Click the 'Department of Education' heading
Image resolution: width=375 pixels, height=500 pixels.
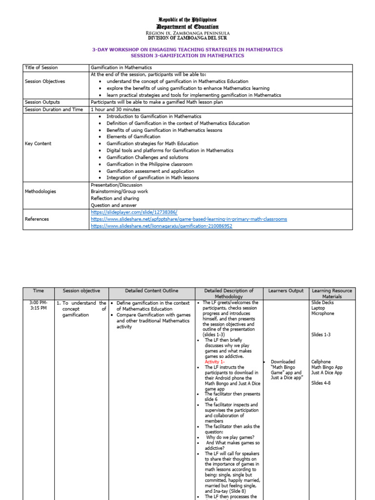[187, 26]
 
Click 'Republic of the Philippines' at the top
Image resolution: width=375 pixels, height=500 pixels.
[187, 19]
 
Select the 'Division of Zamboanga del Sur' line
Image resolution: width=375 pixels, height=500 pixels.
[187, 38]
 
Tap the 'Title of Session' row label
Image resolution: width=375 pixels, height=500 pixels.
[41, 68]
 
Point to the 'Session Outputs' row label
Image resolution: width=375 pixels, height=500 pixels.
[42, 102]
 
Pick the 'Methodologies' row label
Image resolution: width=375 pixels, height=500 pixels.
[40, 191]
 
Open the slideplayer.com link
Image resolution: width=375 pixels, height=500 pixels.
[134, 212]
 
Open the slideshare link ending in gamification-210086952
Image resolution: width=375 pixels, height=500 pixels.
[161, 226]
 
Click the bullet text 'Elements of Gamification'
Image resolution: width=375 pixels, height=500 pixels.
[133, 137]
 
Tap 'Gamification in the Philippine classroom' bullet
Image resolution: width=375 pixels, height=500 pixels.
[149, 164]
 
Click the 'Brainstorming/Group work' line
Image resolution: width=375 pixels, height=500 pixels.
[119, 191]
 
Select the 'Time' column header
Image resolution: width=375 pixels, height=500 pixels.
[38, 291]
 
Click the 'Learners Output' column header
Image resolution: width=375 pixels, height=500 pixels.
[286, 291]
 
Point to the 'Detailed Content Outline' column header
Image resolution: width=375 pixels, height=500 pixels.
[151, 291]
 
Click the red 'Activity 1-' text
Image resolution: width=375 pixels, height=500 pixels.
[214, 362]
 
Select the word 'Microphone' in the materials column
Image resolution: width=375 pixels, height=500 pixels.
[322, 313]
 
